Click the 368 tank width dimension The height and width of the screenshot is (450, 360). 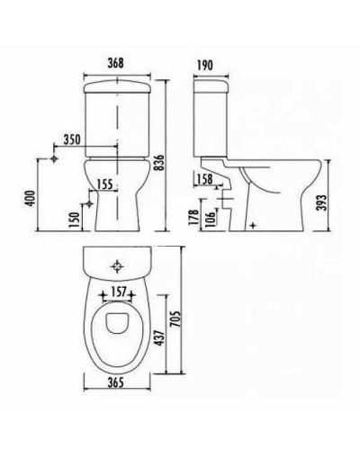pos(116,63)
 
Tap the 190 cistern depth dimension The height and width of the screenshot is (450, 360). pos(205,65)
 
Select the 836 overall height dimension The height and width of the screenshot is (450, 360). pos(160,163)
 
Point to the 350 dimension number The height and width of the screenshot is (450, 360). pos(72,139)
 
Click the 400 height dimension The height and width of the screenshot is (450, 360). pos(31,198)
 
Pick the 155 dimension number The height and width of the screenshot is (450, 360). pos(104,184)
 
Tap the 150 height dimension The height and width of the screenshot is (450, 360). pos(74,220)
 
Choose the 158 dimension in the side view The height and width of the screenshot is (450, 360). pos(205,179)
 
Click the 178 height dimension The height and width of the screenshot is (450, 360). pos(194,217)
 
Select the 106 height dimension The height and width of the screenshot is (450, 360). pos(211,219)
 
